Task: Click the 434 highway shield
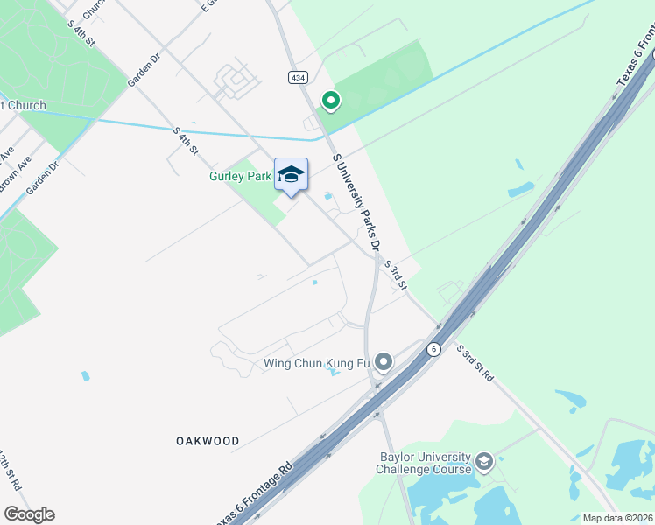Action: (299, 78)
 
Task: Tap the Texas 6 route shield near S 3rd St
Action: (433, 348)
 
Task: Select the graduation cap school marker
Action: (291, 175)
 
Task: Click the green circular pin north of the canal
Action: (331, 102)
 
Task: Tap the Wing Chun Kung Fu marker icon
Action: (383, 361)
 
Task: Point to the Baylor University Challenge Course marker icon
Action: (484, 461)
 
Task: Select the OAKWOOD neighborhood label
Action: (207, 441)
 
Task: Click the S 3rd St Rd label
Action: (475, 362)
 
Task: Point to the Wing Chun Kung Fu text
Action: (316, 363)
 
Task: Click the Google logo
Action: (29, 514)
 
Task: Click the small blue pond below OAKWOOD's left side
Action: (85, 376)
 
